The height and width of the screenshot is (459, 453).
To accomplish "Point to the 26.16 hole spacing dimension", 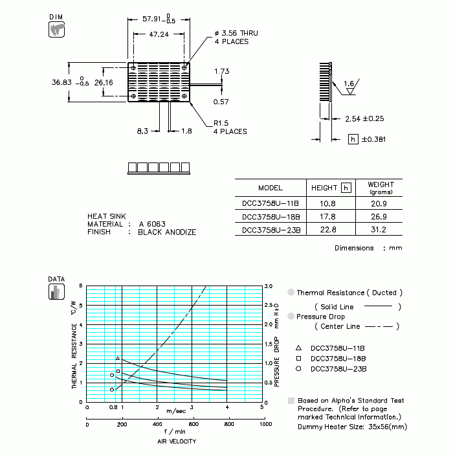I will (x=104, y=82).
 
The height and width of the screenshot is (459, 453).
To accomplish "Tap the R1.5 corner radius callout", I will (x=222, y=122).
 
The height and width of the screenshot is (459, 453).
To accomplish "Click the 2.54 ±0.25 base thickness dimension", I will (x=365, y=118).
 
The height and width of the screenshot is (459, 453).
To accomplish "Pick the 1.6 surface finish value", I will (x=349, y=84).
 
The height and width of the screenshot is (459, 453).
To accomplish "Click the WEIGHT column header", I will (x=381, y=187).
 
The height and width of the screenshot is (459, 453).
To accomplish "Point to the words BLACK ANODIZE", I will (x=167, y=232).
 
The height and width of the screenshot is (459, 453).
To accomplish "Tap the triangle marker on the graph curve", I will (x=117, y=358).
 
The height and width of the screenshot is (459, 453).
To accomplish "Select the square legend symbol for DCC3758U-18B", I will (x=298, y=358).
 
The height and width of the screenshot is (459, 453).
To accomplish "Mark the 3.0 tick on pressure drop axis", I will (x=269, y=285).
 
